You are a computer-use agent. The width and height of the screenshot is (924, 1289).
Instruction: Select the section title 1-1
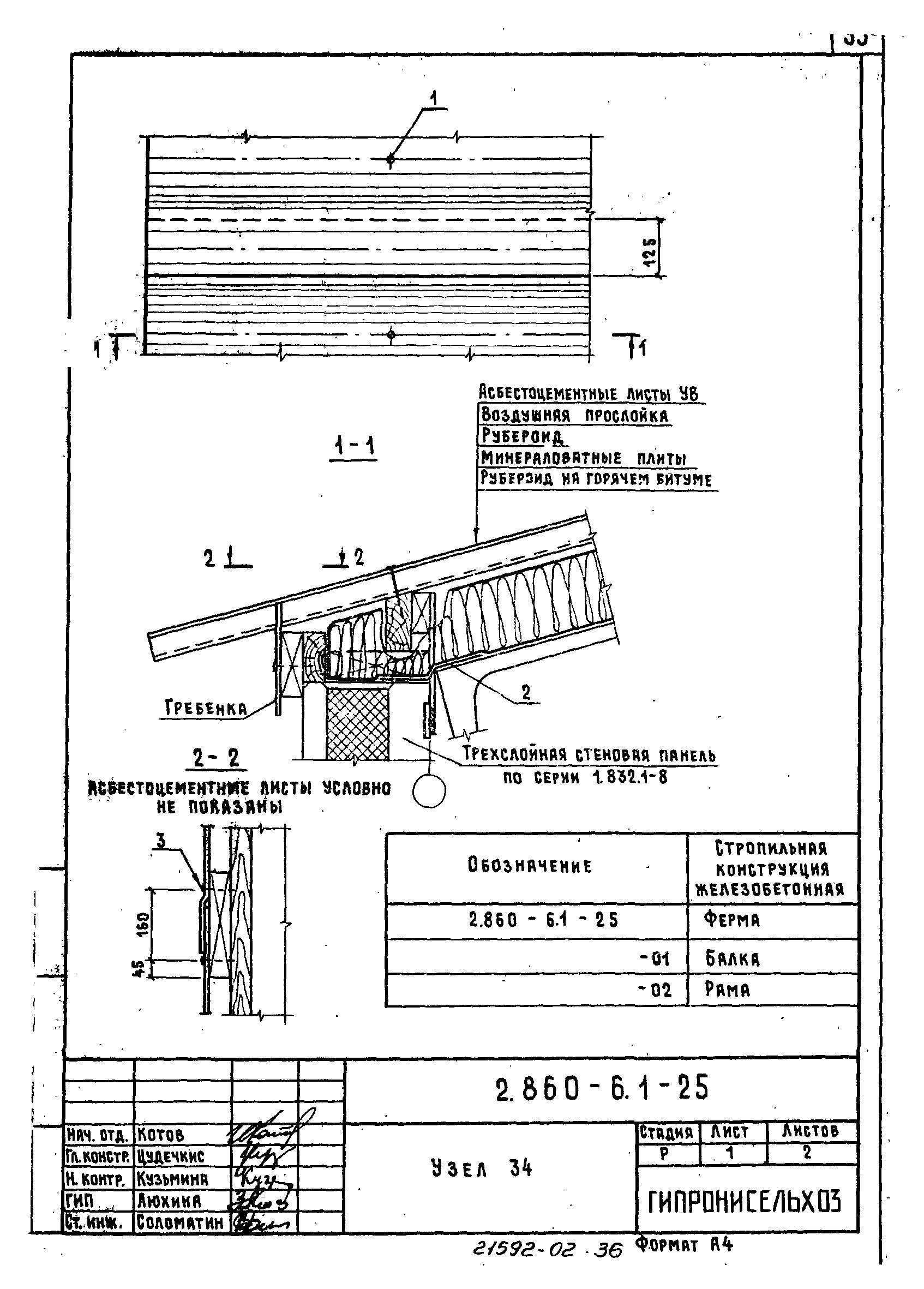(353, 447)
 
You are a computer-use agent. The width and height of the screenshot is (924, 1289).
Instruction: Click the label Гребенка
(206, 708)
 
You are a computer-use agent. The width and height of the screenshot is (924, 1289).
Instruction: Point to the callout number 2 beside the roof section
(526, 692)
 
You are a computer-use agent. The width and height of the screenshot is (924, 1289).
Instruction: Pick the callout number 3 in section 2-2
(161, 841)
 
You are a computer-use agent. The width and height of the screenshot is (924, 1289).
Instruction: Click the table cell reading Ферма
(731, 920)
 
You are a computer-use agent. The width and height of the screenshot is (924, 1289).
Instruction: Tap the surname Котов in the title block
(161, 1135)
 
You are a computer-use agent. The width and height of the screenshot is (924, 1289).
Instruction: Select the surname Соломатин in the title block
(181, 1222)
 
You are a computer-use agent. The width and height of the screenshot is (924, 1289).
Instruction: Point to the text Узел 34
(481, 1168)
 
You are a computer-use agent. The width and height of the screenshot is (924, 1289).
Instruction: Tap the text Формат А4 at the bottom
(684, 1246)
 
